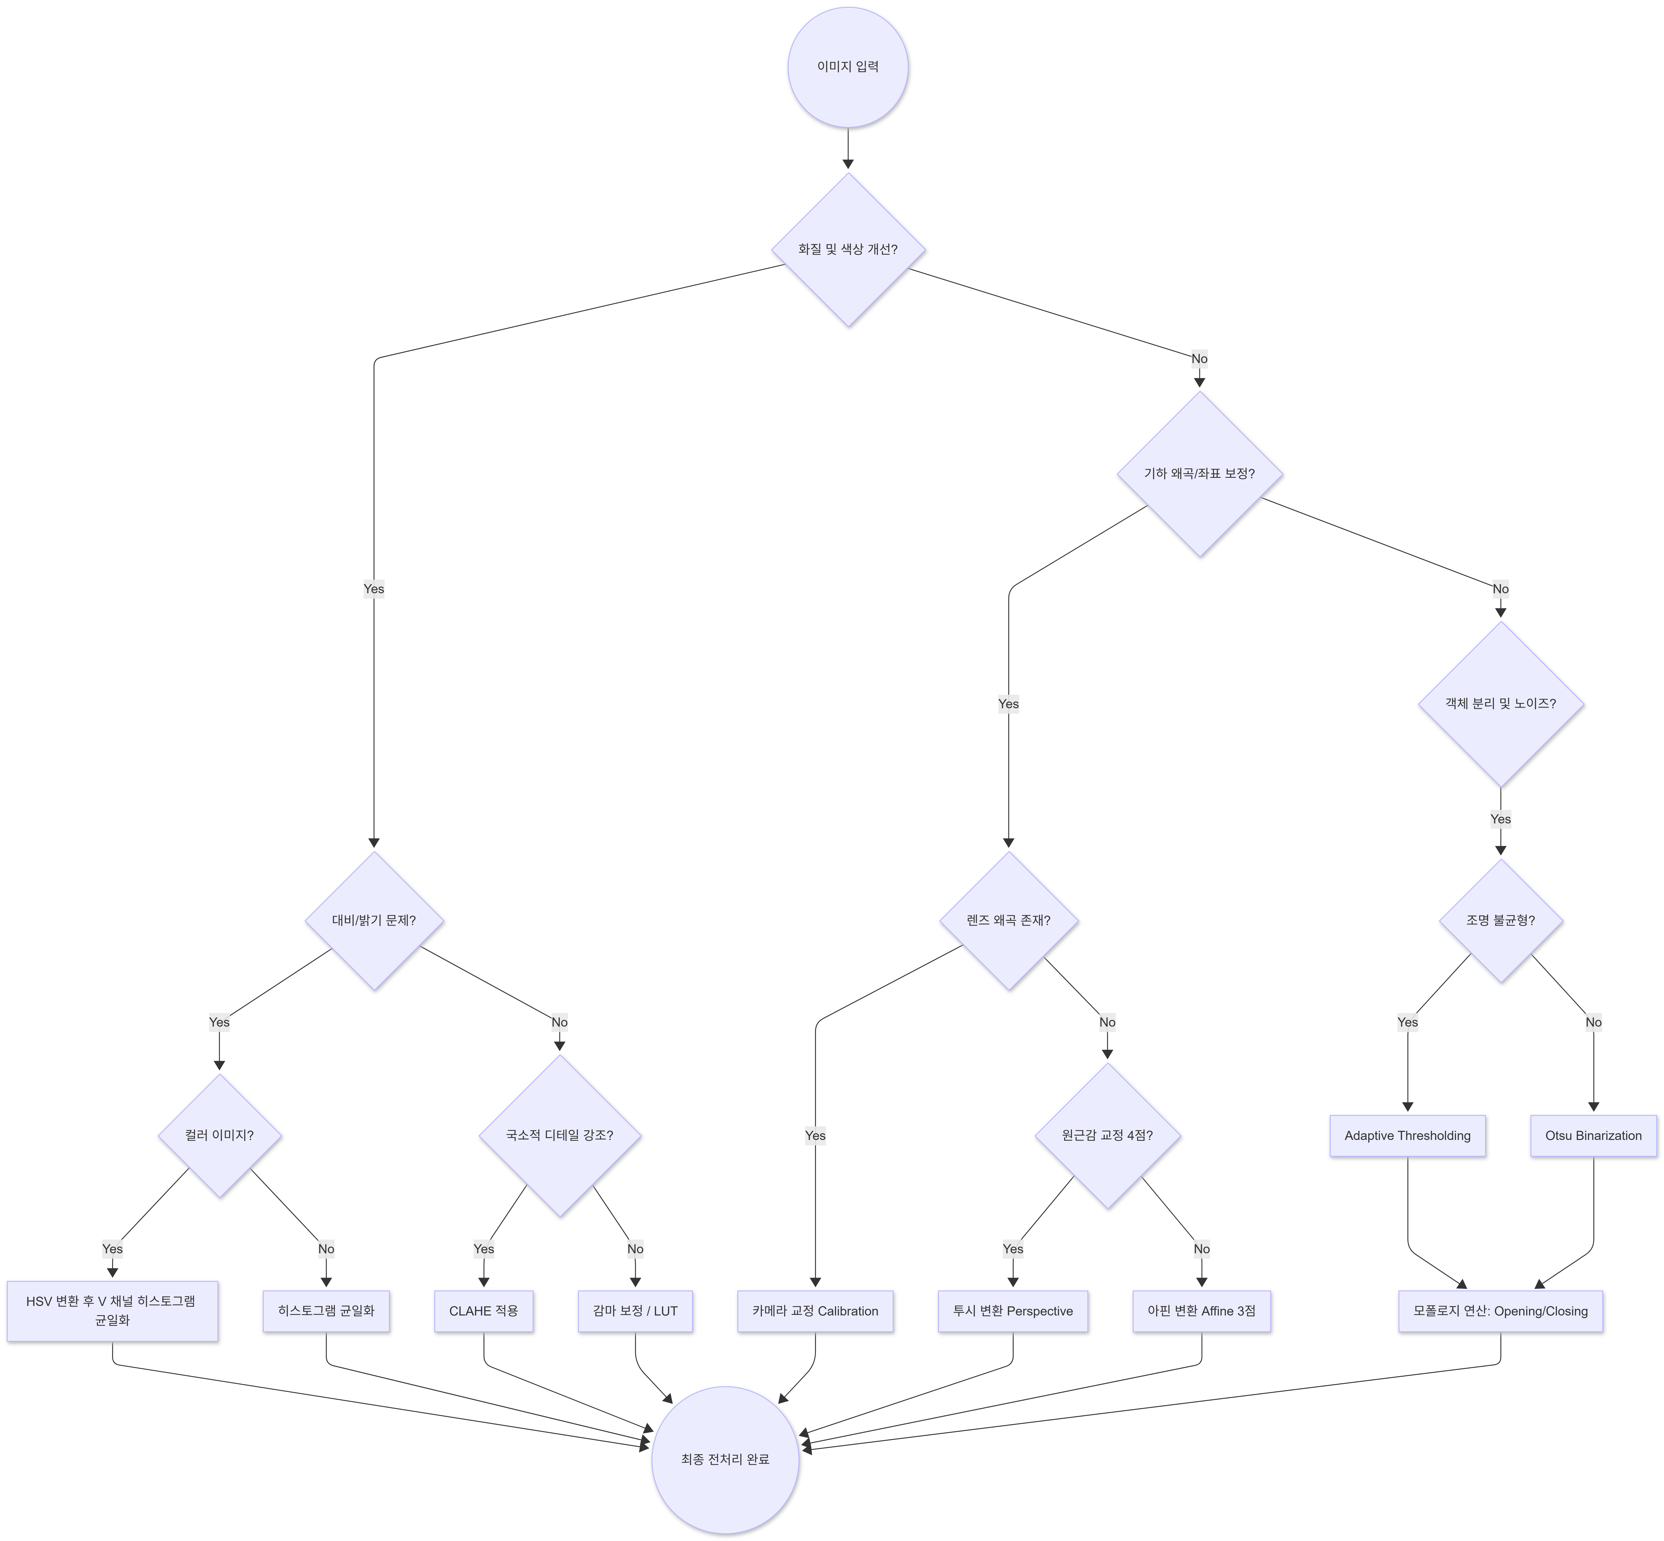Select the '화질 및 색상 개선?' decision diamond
pos(848,249)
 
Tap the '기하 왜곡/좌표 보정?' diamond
pos(1200,474)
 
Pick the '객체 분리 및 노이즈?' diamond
pos(1501,704)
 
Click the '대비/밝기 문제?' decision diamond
pos(374,921)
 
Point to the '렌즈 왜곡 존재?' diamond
pos(1009,921)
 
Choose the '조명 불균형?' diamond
pos(1501,921)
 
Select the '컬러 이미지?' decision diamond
pos(219,1136)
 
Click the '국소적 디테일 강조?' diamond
pos(559,1136)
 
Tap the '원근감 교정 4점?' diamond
pos(1107,1136)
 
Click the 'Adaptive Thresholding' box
pos(1407,1136)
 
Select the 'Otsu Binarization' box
pos(1593,1136)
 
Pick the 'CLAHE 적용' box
pos(483,1311)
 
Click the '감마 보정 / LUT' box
pos(635,1311)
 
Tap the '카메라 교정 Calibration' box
pos(815,1311)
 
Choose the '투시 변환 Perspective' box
pos(1013,1311)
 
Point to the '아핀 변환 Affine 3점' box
pos(1201,1311)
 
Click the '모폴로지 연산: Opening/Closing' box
pos(1501,1311)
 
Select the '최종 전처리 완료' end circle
pos(725,1459)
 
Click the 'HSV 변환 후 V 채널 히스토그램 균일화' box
pos(113,1311)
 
